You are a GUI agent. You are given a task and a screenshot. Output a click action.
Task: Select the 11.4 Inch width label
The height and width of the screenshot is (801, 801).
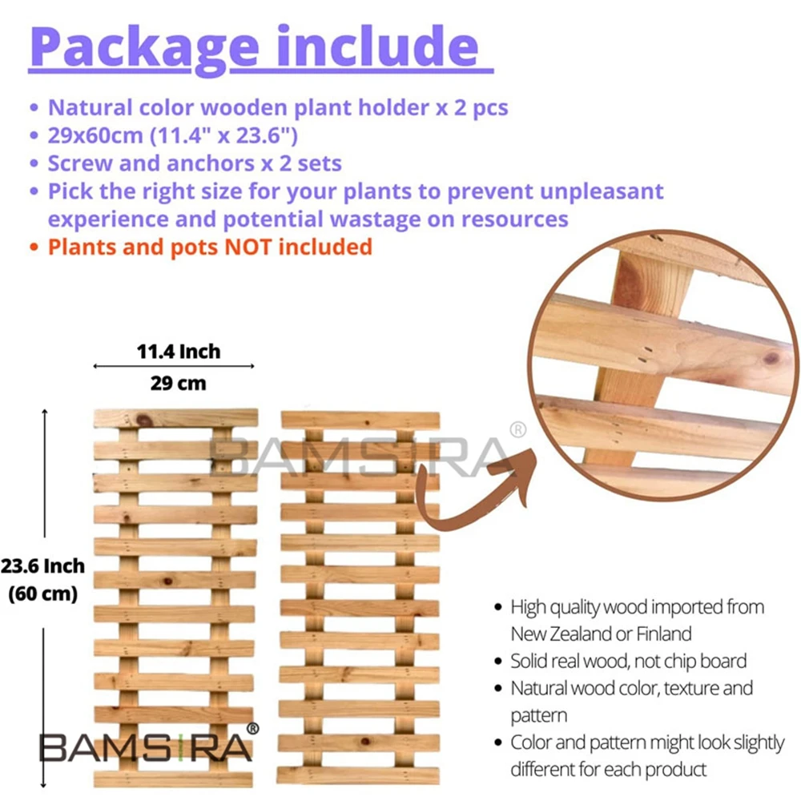point(178,351)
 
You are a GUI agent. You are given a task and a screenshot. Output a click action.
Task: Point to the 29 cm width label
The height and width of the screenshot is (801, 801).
point(178,383)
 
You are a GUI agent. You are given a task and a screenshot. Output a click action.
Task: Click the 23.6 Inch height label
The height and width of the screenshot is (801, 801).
point(42,566)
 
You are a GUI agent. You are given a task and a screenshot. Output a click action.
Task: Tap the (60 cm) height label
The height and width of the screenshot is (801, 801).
point(42,594)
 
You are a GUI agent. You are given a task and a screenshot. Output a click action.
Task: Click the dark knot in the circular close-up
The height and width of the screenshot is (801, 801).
point(771,358)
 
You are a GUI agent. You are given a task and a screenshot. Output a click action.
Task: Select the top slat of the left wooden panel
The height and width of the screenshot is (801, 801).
point(175,418)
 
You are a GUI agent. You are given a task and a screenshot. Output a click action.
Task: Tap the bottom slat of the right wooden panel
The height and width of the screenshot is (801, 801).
point(359,775)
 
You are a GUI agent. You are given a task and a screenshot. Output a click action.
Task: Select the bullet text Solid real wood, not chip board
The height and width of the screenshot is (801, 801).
point(628,661)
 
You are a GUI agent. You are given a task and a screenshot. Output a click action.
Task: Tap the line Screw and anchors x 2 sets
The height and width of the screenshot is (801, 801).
point(195,163)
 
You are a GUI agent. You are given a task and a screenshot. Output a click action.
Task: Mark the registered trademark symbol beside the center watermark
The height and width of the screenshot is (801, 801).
point(518,430)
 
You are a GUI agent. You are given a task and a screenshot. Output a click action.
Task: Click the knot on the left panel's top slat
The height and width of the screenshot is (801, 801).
point(145,419)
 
